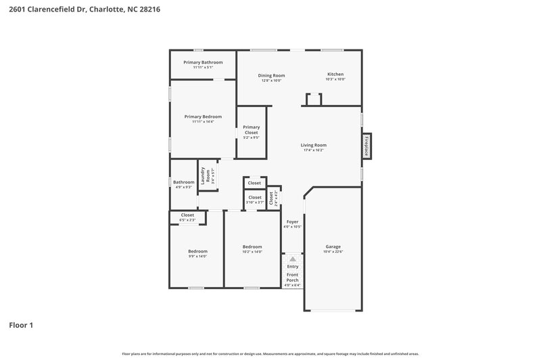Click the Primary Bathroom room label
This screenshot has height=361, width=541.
[x=203, y=62]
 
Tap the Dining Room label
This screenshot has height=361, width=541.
[x=271, y=75]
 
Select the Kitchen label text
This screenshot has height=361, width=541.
[x=335, y=75]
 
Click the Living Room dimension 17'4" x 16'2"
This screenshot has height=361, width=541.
[x=314, y=150]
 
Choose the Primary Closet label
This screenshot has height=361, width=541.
[x=252, y=129]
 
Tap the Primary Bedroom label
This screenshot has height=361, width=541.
[x=203, y=116]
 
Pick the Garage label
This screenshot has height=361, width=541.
[x=333, y=247]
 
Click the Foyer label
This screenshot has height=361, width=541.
[x=292, y=221]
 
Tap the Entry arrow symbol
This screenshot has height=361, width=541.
[x=292, y=259]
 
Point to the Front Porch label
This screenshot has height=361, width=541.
[x=292, y=278]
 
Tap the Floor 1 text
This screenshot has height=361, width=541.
[x=21, y=325]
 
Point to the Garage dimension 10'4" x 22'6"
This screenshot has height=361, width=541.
[x=333, y=252]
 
